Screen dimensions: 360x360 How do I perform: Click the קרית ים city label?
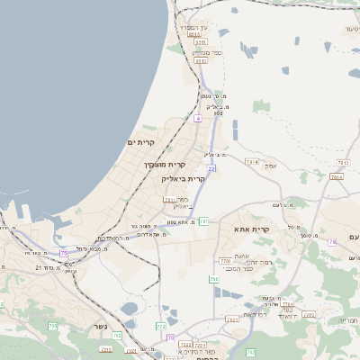(x=141, y=142)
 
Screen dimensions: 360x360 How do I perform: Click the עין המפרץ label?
(x=194, y=28)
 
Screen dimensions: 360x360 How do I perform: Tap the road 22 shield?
(x=211, y=168)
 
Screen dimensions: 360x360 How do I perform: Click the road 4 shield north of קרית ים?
(x=197, y=117)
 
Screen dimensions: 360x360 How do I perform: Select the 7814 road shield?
(x=336, y=177)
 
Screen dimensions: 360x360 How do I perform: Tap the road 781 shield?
(x=203, y=220)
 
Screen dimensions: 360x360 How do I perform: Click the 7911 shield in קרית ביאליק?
(x=169, y=200)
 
